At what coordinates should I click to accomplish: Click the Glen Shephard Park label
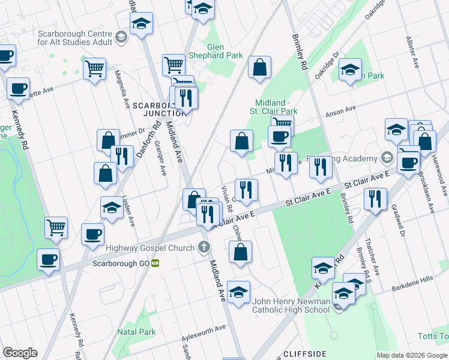224,51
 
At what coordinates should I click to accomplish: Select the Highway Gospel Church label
150,247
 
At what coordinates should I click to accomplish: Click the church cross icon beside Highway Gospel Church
204,247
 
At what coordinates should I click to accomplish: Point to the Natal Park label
137,332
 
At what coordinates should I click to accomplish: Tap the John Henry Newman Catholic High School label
291,305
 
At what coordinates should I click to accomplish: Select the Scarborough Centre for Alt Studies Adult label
74,38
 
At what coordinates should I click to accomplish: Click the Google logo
20,353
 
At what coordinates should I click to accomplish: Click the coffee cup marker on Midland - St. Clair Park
279,136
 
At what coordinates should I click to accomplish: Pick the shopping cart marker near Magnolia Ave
95,69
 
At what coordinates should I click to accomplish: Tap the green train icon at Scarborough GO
155,263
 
